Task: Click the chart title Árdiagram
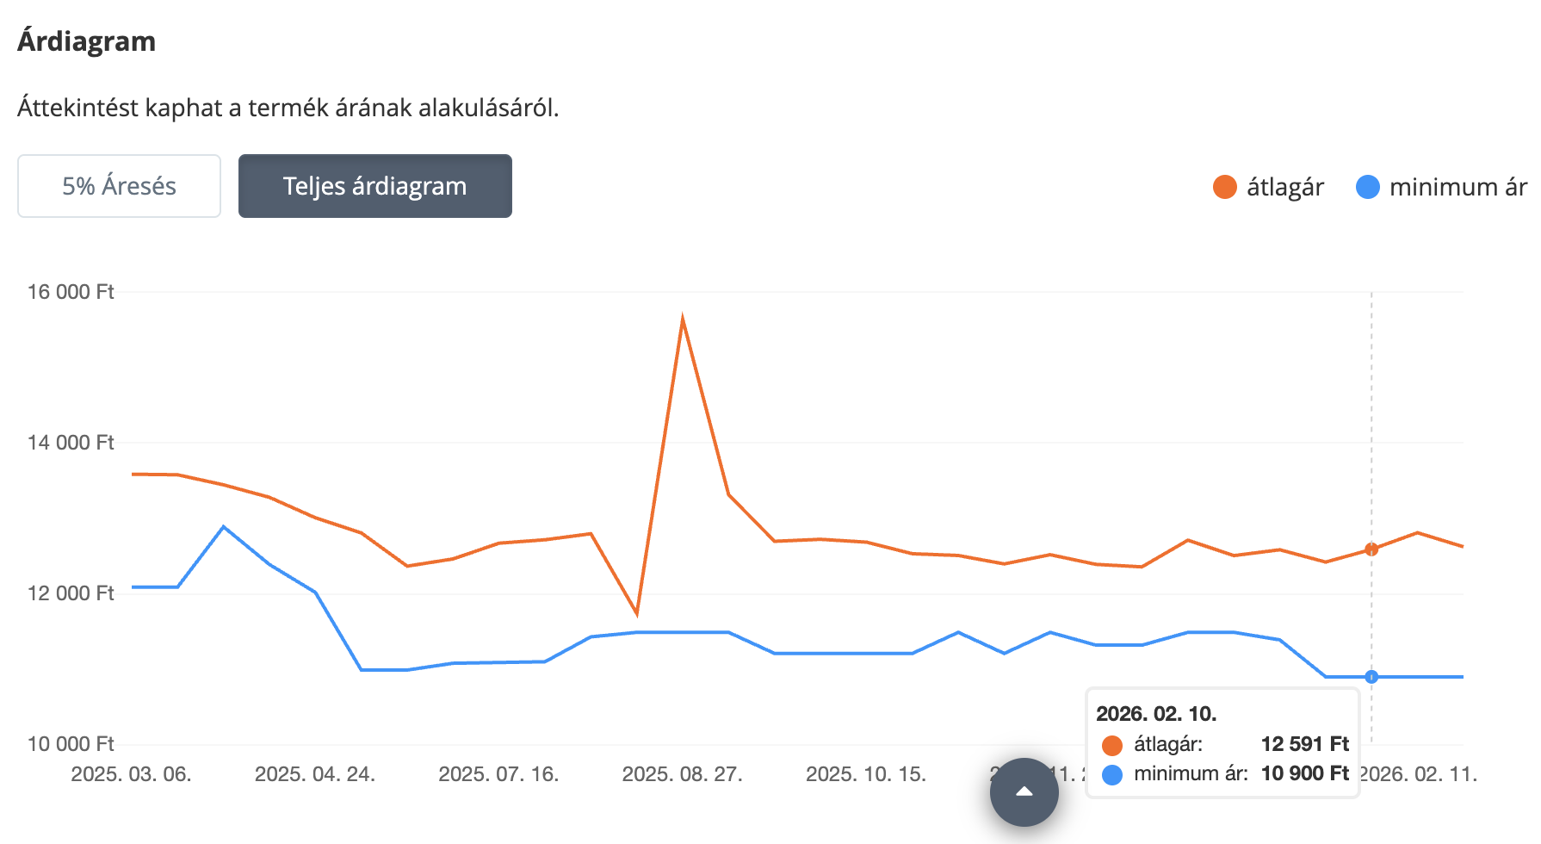coord(86,41)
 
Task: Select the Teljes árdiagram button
coord(374,186)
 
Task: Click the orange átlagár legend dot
coord(1224,187)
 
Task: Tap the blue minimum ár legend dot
coord(1367,187)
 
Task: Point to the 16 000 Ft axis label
coord(71,292)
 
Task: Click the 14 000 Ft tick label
coord(71,443)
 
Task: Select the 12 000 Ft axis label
coord(71,593)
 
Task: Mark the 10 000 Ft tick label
coord(71,744)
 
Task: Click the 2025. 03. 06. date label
coord(131,774)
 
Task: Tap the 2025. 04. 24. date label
coord(315,774)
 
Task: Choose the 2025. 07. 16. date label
coord(498,774)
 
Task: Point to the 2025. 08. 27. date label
coord(683,774)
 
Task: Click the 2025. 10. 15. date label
coord(866,774)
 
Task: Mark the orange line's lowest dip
coord(636,613)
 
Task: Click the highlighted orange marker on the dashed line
coord(1371,549)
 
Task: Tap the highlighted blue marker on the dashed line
coord(1371,677)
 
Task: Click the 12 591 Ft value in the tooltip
coord(1304,744)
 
